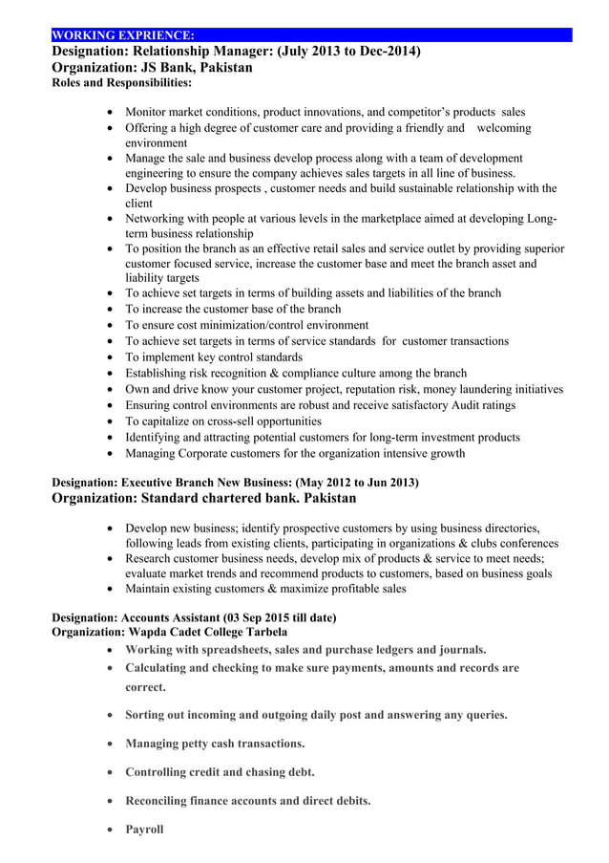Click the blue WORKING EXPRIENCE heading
click(123, 35)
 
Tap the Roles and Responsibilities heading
click(120, 83)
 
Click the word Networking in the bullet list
click(159, 219)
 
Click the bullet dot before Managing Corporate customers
click(115, 454)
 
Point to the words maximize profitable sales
click(328, 589)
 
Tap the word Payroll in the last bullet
click(144, 829)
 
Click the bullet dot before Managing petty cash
click(115, 744)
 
